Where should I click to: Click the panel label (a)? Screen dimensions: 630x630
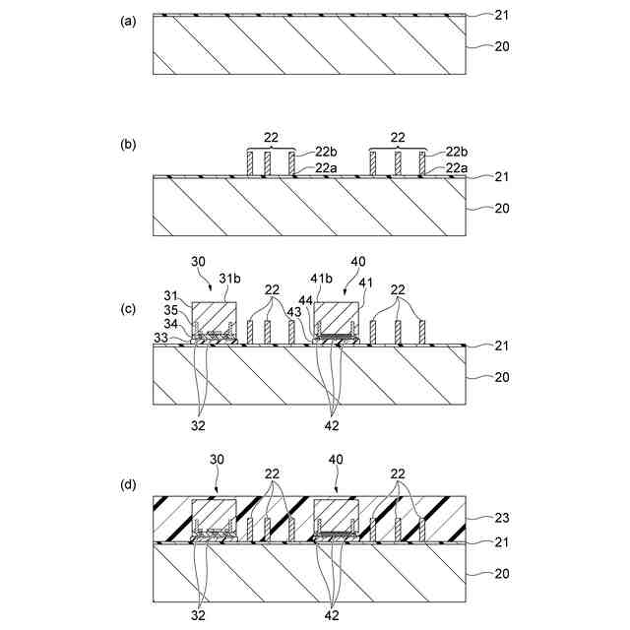pyautogui.click(x=128, y=21)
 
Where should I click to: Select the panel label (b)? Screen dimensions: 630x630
pyautogui.click(x=128, y=145)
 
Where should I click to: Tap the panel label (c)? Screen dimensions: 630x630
pyautogui.click(x=128, y=308)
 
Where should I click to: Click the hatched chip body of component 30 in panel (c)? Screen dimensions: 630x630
pyautogui.click(x=214, y=318)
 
